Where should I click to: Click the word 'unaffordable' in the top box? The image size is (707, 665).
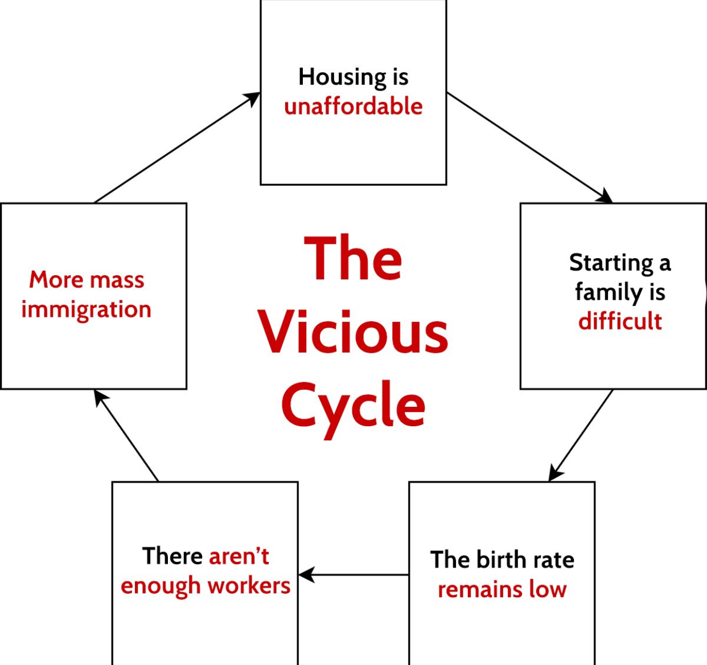click(353, 107)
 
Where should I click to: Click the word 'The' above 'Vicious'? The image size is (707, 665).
click(353, 258)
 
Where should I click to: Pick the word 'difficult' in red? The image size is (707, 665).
click(620, 321)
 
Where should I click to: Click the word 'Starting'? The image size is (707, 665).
click(611, 264)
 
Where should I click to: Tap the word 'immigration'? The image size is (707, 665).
click(86, 310)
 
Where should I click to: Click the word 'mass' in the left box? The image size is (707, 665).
click(117, 280)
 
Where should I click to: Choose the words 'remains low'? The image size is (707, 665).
click(502, 589)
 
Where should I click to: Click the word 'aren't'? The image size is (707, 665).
click(239, 556)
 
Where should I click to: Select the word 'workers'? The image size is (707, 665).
click(249, 586)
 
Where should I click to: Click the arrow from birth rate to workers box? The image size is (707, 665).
click(353, 575)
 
